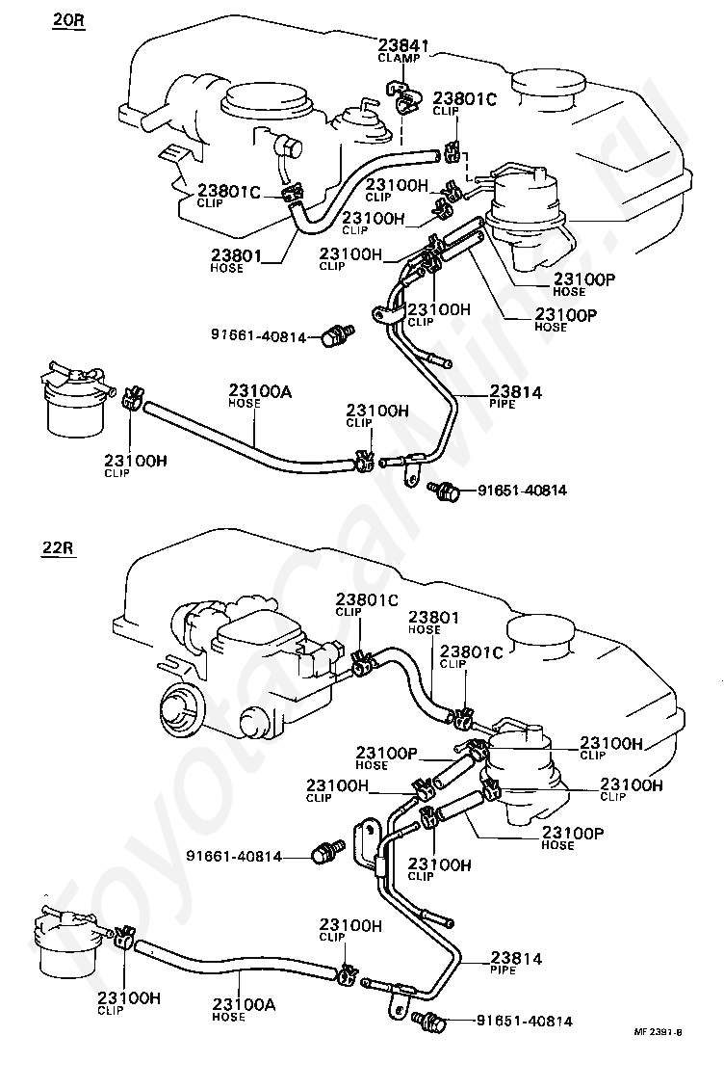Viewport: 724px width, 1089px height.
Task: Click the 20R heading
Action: pos(67,19)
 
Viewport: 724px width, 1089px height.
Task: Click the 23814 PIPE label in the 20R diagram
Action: pos(516,396)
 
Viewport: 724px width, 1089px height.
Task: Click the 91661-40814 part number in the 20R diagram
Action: pos(258,337)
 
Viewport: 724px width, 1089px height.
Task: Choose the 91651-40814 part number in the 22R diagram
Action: pos(525,1021)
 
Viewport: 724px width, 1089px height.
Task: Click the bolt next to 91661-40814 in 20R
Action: pos(338,334)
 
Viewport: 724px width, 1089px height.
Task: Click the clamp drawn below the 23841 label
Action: pos(402,96)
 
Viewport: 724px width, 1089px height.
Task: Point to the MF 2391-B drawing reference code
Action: pos(657,1050)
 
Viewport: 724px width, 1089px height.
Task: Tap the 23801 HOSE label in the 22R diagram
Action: pos(434,622)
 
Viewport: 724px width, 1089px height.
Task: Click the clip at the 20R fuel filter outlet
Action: pos(131,399)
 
